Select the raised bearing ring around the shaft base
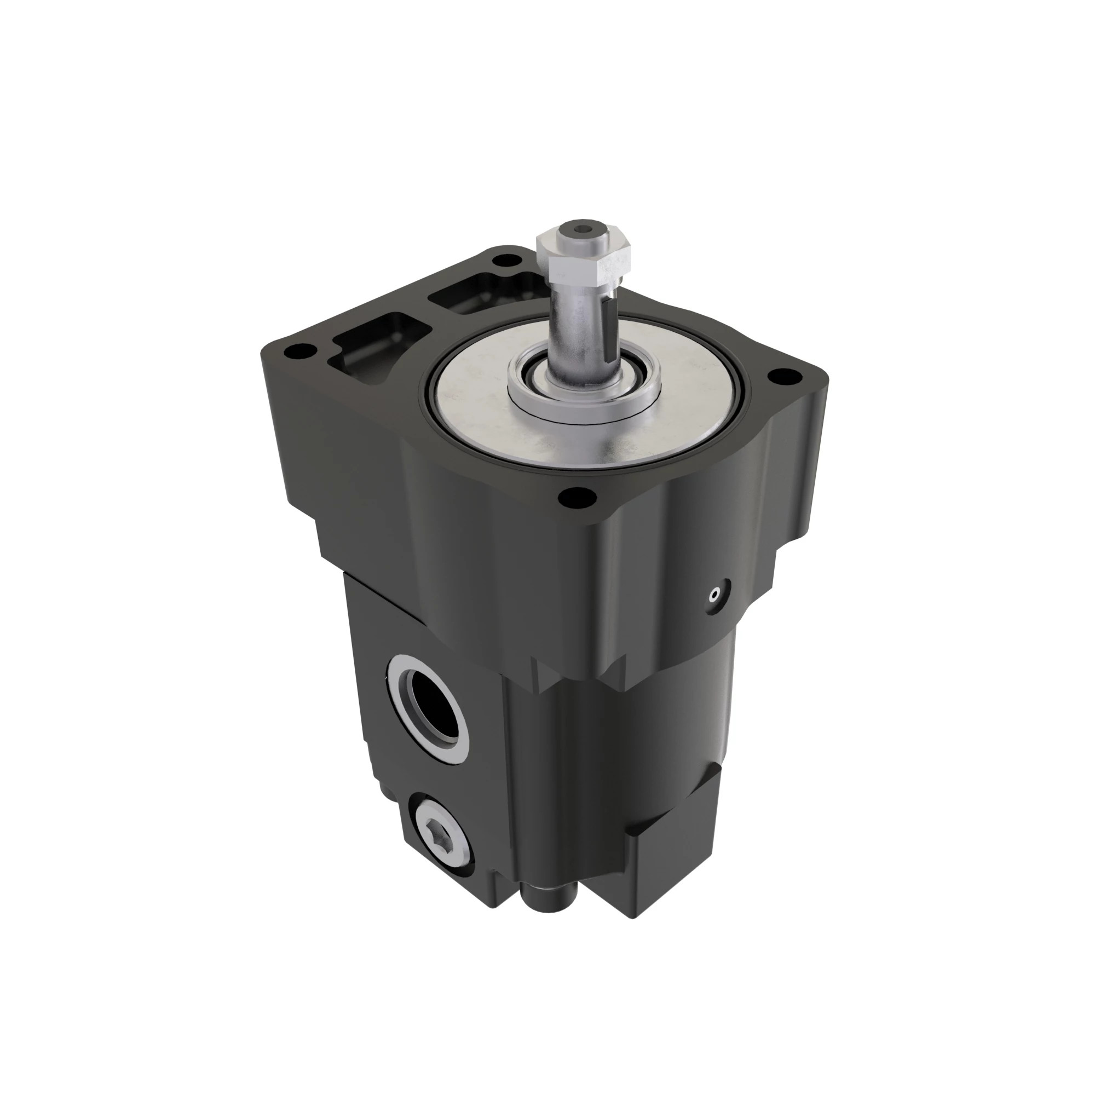pos(584,391)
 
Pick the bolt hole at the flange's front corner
pos(577,498)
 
